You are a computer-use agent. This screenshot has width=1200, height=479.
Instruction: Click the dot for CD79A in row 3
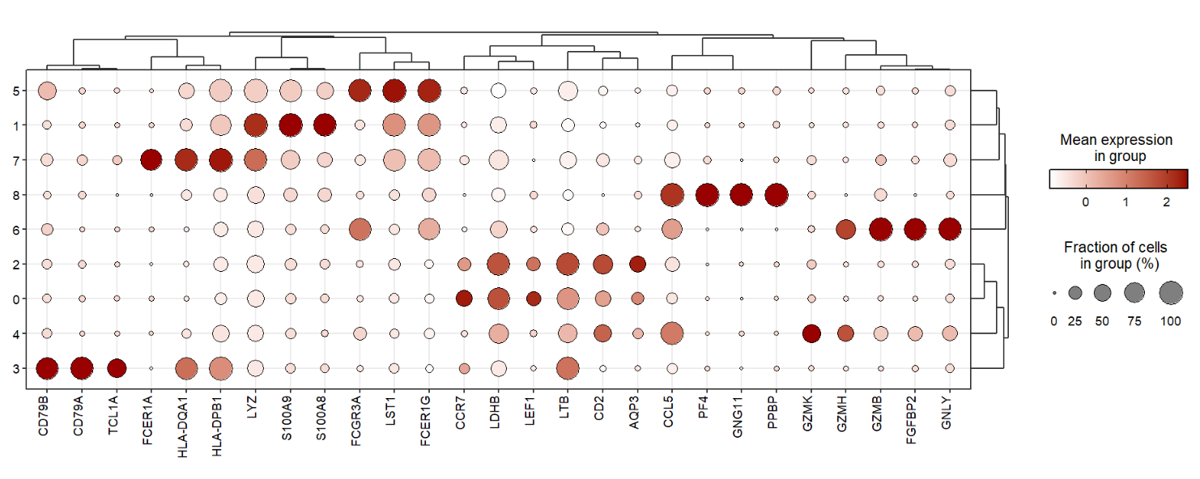coord(82,368)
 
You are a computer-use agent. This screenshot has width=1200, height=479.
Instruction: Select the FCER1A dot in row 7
coord(151,160)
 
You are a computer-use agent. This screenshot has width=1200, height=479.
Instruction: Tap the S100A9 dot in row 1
coord(290,125)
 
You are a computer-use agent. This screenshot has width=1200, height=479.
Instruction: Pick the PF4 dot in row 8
coord(707,195)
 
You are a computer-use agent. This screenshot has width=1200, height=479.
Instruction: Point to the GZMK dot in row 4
coord(811,333)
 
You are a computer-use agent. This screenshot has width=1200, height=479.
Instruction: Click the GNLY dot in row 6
coord(950,230)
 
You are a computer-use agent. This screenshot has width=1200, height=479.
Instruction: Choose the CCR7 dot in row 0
coord(464,299)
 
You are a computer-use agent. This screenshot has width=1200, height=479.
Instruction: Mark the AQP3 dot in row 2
coord(637,264)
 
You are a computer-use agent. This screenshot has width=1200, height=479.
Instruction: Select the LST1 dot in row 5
coord(394,91)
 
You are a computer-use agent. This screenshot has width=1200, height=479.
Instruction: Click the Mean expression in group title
coord(1116,148)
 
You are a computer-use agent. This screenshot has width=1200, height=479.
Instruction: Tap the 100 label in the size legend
coord(1171,321)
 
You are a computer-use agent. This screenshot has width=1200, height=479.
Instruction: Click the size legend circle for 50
coord(1102,292)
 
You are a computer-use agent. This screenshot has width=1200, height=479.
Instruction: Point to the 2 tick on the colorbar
coord(1166,202)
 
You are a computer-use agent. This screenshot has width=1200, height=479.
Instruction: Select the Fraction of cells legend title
coord(1116,256)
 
